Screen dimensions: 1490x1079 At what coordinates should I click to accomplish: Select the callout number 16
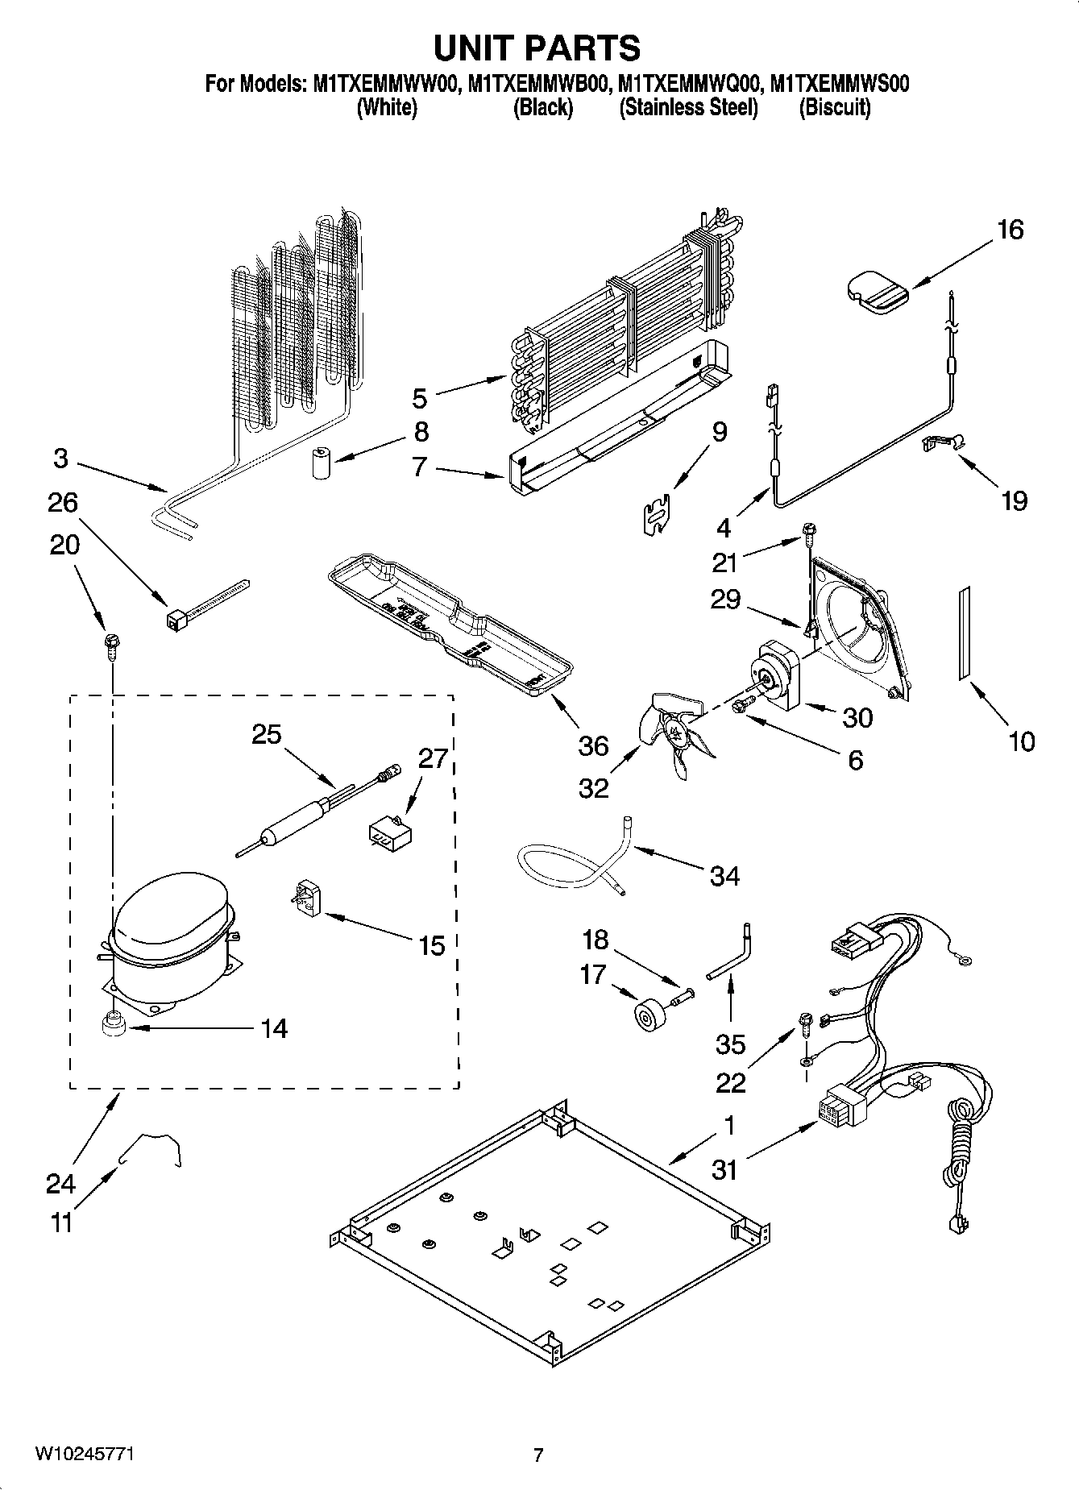[x=1009, y=230]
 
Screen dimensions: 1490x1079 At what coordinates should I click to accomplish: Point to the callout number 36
[x=593, y=745]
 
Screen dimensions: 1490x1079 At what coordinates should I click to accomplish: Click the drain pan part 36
[x=451, y=625]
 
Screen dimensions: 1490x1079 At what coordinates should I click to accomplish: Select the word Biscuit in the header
[x=834, y=108]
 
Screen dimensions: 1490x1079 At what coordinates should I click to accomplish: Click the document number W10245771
[x=84, y=1455]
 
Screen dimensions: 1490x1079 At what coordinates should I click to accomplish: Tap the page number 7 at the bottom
[x=538, y=1455]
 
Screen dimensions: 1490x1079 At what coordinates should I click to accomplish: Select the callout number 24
[x=60, y=1184]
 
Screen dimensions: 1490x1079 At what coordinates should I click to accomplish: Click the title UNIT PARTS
[x=537, y=48]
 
